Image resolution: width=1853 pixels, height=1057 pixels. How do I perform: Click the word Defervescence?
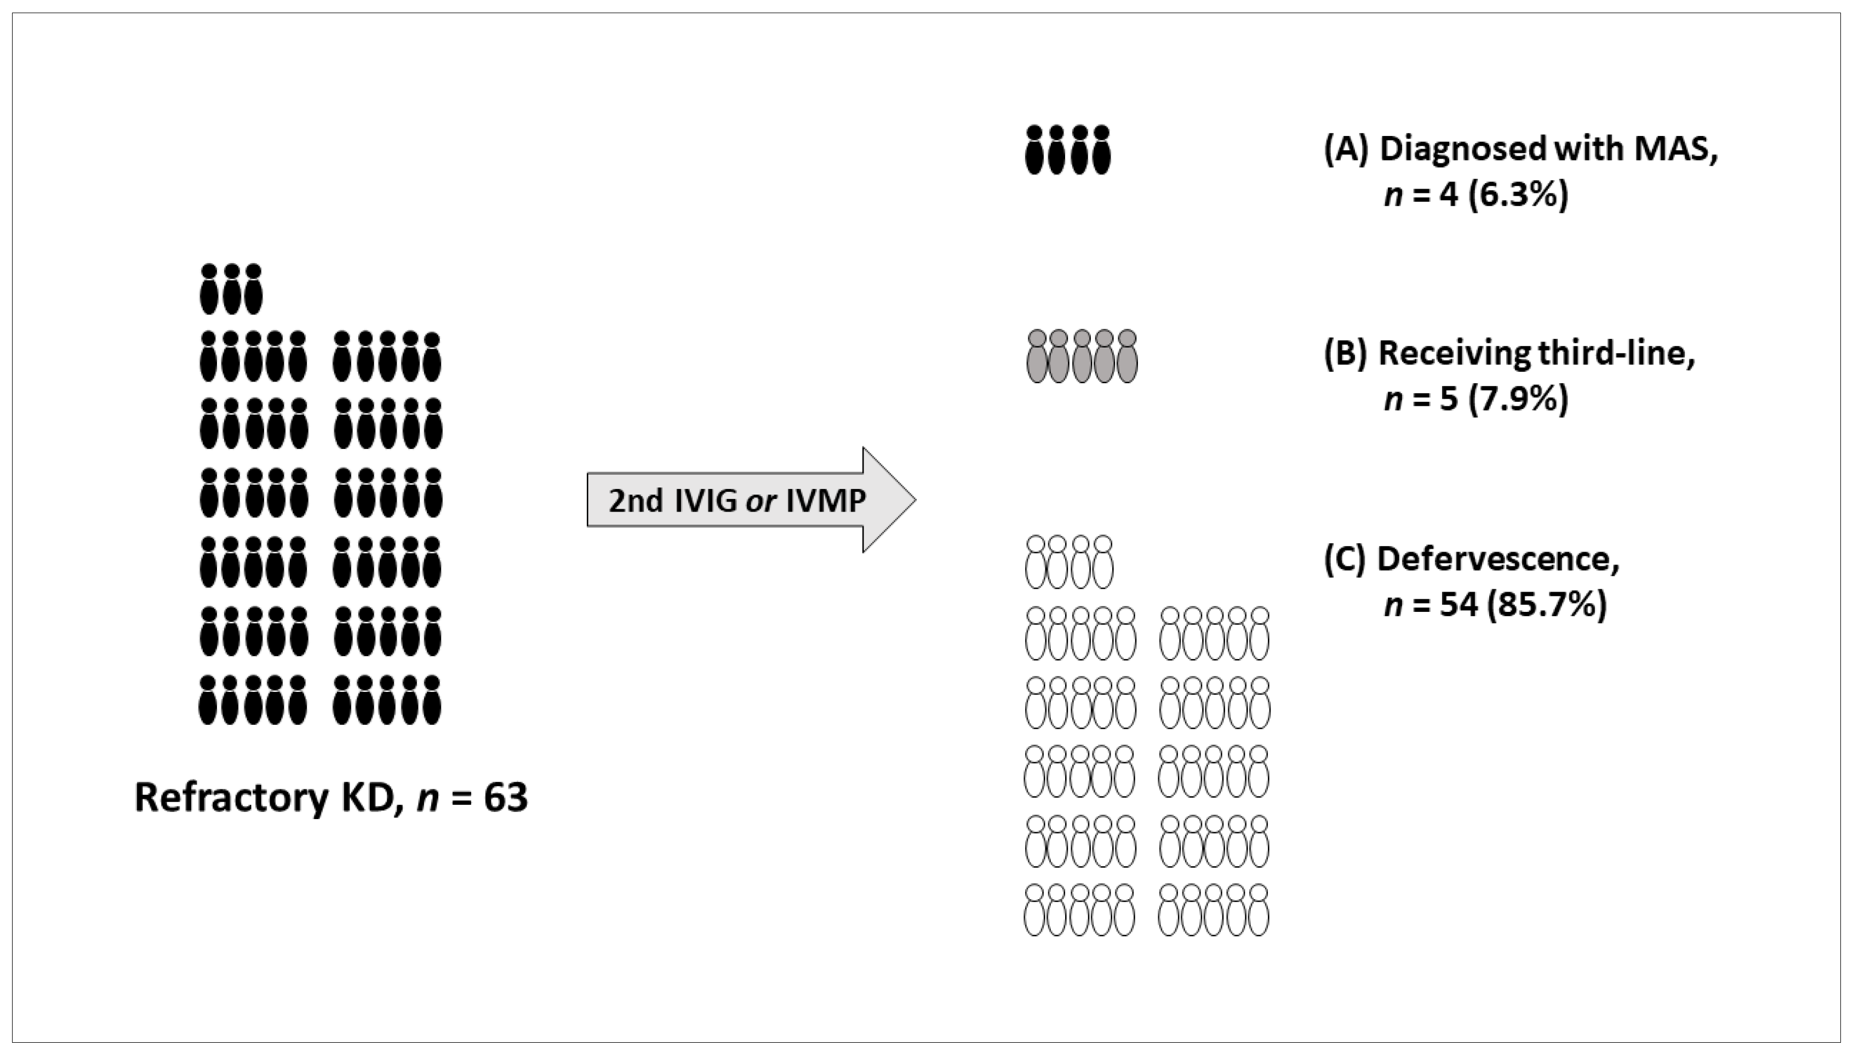coord(1497,559)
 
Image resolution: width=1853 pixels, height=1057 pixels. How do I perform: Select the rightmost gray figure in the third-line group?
coord(1126,356)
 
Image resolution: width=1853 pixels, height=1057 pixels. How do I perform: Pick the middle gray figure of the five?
coord(1082,356)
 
